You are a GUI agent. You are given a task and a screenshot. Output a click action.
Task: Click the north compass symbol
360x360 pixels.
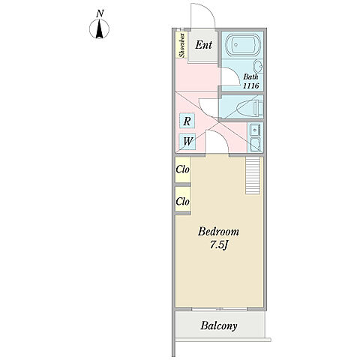(x=99, y=29)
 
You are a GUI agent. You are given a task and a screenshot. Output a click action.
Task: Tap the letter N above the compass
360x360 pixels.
(x=100, y=13)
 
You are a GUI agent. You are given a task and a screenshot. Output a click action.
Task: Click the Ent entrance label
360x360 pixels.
(x=203, y=45)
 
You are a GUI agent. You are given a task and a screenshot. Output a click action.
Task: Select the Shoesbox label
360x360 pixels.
(x=182, y=45)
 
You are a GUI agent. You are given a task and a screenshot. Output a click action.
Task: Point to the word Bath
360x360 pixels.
(x=250, y=76)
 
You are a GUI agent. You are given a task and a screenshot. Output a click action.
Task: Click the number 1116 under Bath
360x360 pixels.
(x=251, y=85)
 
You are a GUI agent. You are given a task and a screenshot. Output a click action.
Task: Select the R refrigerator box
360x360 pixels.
(x=187, y=121)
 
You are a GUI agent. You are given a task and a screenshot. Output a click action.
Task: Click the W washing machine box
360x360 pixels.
(x=187, y=142)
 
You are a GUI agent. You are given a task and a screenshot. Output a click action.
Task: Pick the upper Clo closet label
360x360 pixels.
(x=182, y=169)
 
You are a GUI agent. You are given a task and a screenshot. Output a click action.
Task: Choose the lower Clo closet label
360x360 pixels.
(x=182, y=201)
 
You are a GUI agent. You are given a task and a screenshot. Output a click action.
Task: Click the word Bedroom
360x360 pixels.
(x=218, y=232)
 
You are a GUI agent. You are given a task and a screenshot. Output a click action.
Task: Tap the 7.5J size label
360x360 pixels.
(x=219, y=245)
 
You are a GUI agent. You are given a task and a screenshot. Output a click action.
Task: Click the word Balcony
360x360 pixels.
(x=219, y=325)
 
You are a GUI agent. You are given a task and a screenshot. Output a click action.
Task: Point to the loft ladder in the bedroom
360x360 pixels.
(x=253, y=175)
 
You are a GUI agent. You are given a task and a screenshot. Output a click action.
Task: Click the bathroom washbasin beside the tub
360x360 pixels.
(x=258, y=66)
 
